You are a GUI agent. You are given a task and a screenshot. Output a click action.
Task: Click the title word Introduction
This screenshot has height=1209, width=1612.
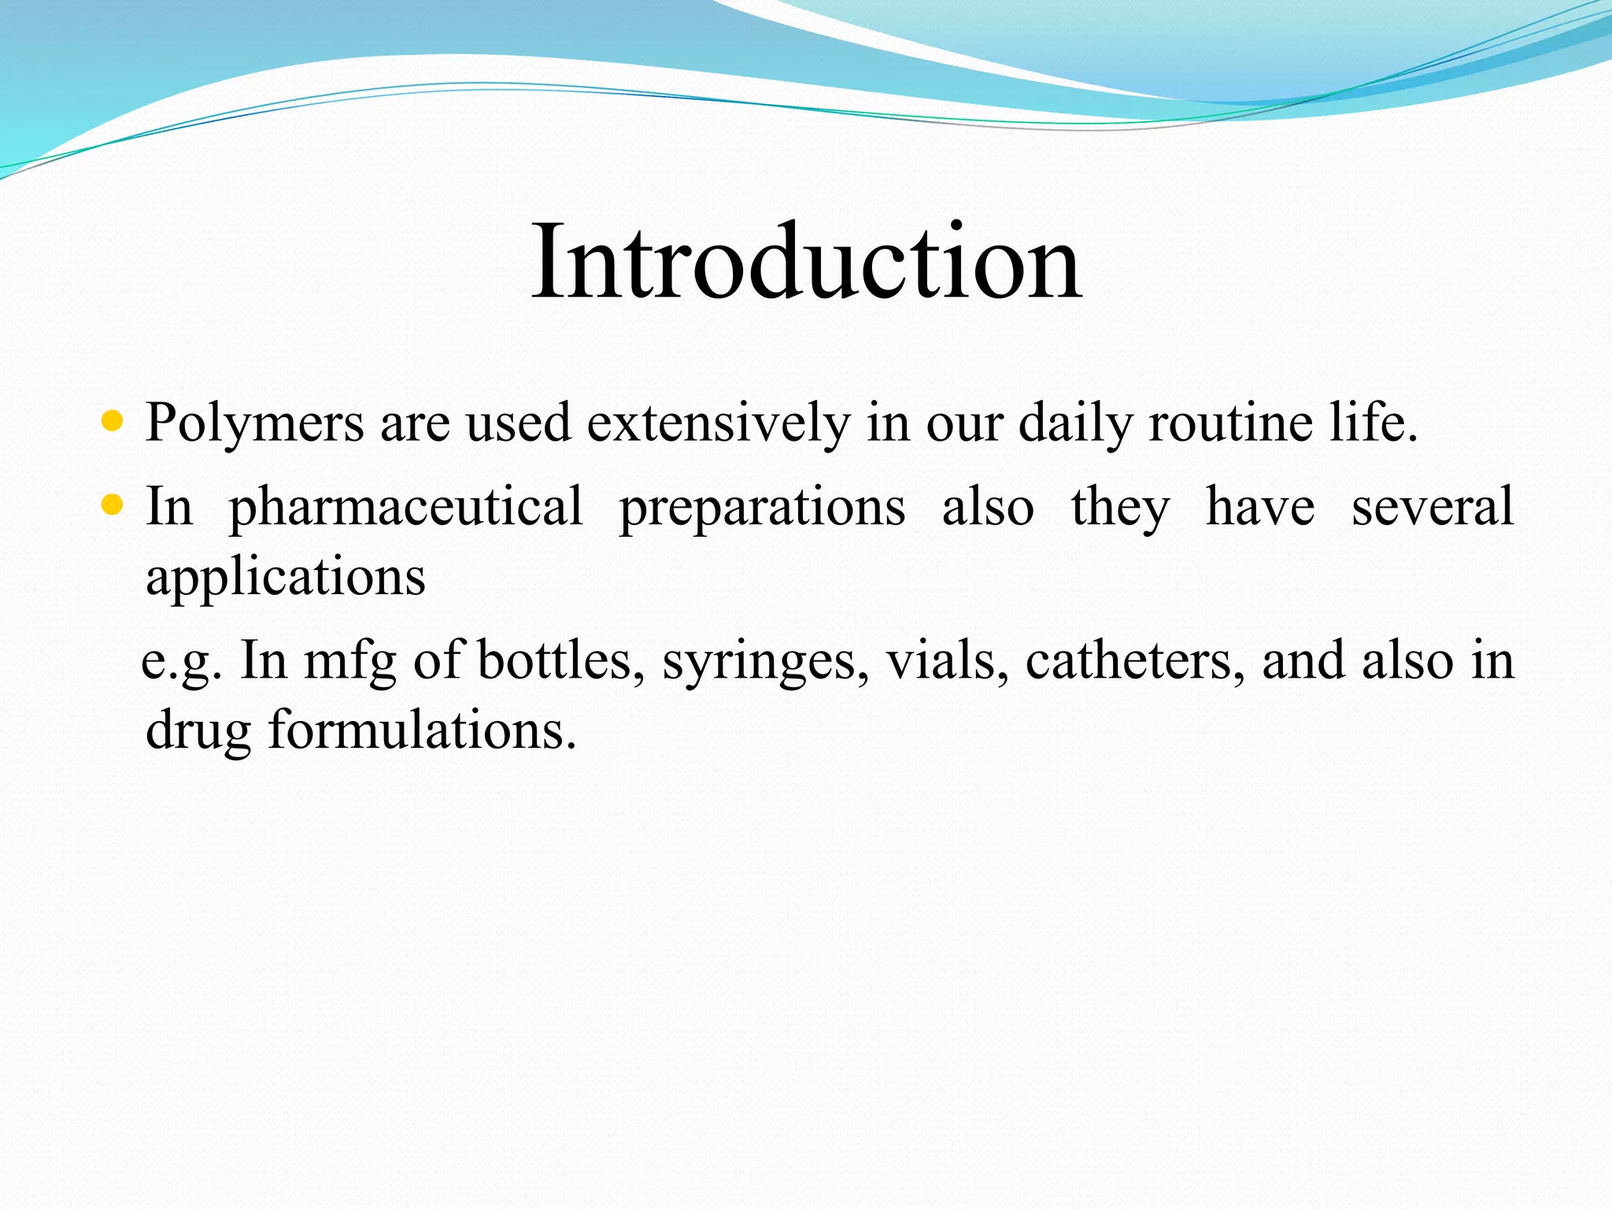coord(806,261)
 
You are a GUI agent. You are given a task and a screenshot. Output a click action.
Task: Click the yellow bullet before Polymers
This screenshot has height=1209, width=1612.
coord(113,421)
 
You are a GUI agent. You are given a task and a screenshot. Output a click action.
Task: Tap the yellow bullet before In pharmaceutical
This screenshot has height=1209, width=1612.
coord(113,505)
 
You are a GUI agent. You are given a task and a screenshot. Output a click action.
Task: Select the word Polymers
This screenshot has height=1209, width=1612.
coord(254,424)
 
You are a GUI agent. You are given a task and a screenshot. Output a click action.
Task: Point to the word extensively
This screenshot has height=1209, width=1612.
coord(718,423)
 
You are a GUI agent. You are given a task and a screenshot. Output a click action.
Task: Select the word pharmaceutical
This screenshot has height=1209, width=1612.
coord(405,508)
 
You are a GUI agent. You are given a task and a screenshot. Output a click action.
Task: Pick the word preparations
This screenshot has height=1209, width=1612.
coord(762,508)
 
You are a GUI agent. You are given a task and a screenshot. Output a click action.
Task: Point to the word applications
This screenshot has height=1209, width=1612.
coord(286,579)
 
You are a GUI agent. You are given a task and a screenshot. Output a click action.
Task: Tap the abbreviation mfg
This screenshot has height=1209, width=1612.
coord(349,661)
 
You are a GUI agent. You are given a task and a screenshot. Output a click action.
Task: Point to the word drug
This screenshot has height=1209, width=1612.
coord(198,731)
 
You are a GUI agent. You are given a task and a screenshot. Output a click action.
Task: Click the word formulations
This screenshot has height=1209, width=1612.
coord(422,730)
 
